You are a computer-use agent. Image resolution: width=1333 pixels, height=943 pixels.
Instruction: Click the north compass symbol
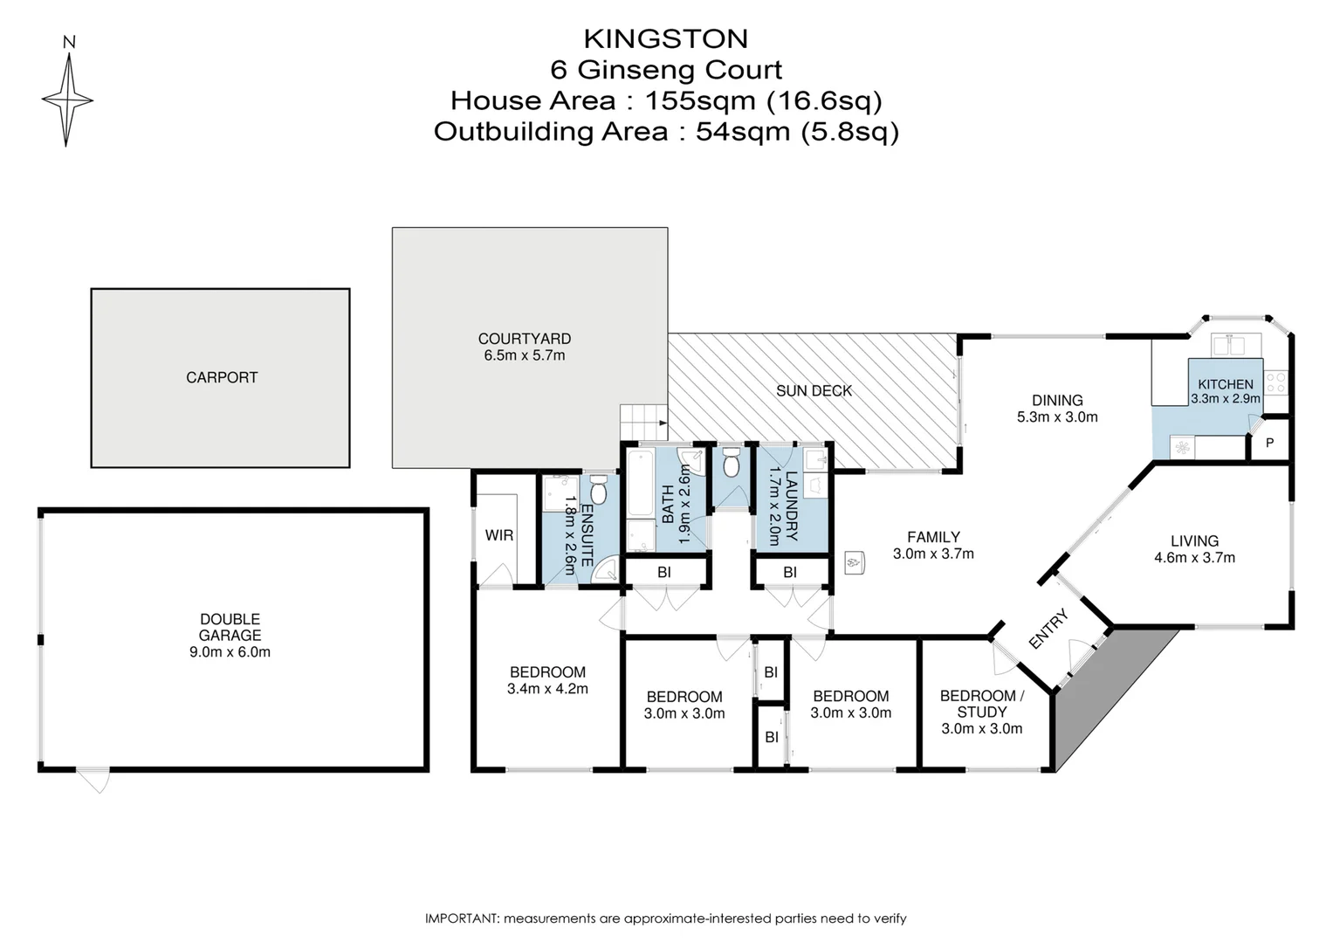pyautogui.click(x=67, y=99)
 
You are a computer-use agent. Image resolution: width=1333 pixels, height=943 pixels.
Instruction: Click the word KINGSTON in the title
pyautogui.click(x=665, y=39)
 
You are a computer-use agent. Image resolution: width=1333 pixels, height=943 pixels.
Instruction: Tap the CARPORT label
pyautogui.click(x=222, y=378)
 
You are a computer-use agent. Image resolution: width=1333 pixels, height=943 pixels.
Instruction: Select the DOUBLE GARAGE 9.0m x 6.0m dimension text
pyautogui.click(x=230, y=652)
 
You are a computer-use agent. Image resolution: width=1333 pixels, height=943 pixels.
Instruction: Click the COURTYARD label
pyautogui.click(x=524, y=339)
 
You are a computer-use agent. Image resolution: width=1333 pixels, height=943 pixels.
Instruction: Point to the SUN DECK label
pyautogui.click(x=814, y=391)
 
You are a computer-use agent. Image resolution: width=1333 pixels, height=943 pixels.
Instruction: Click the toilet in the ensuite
pyautogui.click(x=598, y=491)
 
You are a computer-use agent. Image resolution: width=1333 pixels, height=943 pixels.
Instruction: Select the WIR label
pyautogui.click(x=499, y=535)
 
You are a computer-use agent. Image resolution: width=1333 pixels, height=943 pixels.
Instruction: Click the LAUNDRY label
pyautogui.click(x=792, y=506)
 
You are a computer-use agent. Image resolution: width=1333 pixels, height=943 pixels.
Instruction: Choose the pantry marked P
pyautogui.click(x=1269, y=444)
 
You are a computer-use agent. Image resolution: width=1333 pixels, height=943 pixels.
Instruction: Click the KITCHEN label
pyautogui.click(x=1225, y=384)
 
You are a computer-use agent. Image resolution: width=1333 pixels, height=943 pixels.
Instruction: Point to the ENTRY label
pyautogui.click(x=1048, y=630)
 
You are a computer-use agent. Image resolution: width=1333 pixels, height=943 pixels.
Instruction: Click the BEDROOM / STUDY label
pyautogui.click(x=981, y=704)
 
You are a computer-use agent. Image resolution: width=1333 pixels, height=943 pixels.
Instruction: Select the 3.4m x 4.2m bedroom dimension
pyautogui.click(x=547, y=689)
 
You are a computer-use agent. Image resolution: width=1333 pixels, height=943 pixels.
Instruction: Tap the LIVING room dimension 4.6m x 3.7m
pyautogui.click(x=1194, y=558)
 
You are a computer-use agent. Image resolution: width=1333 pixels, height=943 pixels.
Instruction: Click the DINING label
pyautogui.click(x=1057, y=401)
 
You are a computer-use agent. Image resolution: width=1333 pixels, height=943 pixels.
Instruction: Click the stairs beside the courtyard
pyautogui.click(x=642, y=423)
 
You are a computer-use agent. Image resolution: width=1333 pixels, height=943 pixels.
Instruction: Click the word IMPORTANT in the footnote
pyautogui.click(x=460, y=919)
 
